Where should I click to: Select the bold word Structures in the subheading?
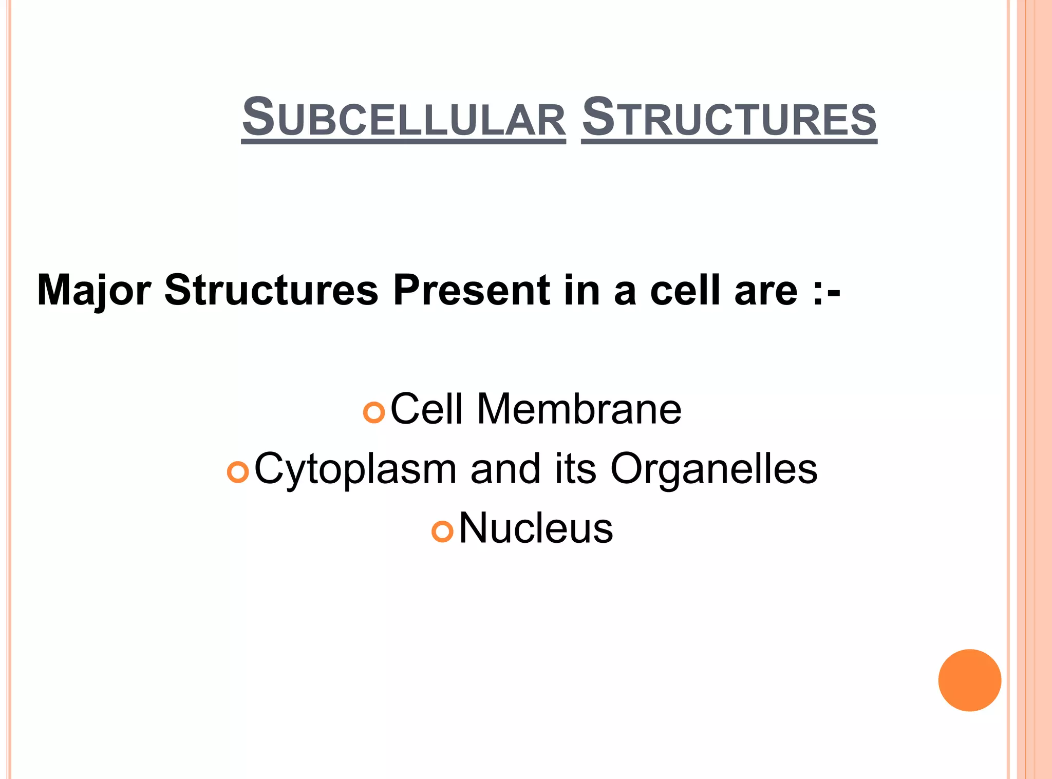(x=271, y=290)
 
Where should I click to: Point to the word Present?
(x=471, y=290)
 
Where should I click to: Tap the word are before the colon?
(x=766, y=291)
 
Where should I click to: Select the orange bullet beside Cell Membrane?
(x=373, y=412)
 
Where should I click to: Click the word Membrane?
(x=579, y=409)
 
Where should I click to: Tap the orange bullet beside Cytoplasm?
(x=238, y=471)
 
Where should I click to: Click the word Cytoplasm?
(x=355, y=469)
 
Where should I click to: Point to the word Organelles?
(x=713, y=469)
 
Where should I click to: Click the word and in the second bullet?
(x=505, y=468)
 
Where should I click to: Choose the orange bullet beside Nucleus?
(x=442, y=531)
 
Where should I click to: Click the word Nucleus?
(x=536, y=528)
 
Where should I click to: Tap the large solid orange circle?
(x=969, y=680)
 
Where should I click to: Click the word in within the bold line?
(x=582, y=290)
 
